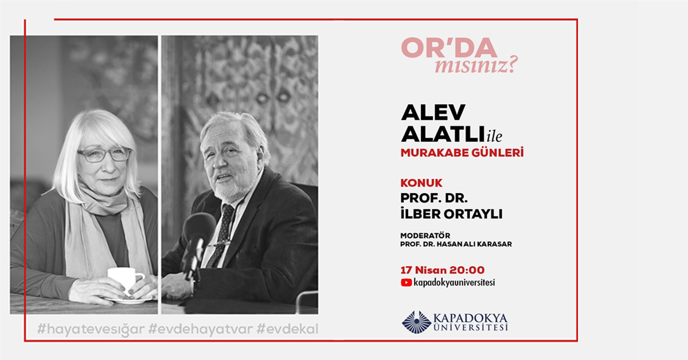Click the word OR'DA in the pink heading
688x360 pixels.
click(449, 49)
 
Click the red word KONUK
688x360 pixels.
click(421, 183)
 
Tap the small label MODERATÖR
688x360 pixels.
click(424, 235)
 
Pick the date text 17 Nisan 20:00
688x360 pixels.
click(443, 269)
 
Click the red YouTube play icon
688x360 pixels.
click(406, 282)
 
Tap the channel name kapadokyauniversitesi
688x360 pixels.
click(454, 282)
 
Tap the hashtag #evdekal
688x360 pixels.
click(287, 330)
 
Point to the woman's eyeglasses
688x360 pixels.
click(104, 154)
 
